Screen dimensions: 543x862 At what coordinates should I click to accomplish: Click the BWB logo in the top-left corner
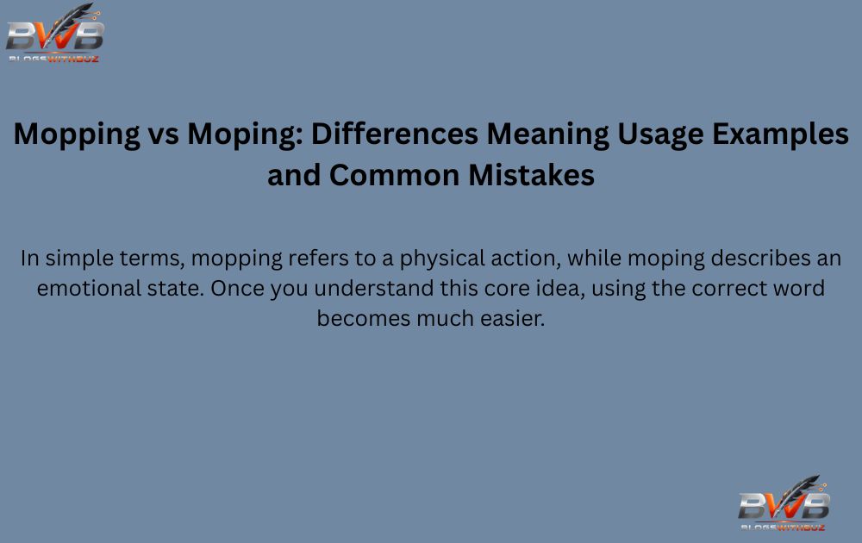[55, 34]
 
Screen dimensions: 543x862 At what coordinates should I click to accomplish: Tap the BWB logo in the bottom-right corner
[784, 503]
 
